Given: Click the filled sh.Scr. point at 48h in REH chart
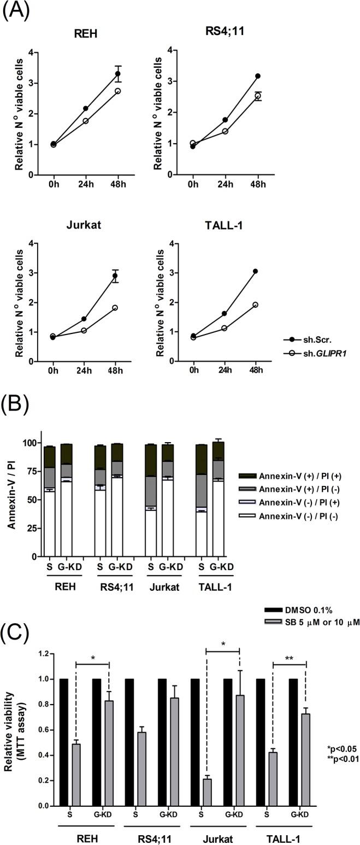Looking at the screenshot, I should coord(117,74).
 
